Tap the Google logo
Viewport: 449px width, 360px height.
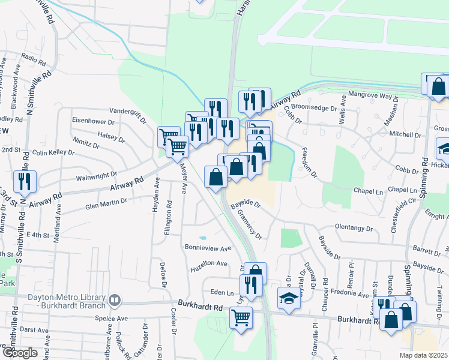[x=20, y=353]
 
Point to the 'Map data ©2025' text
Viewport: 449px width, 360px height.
[x=423, y=355]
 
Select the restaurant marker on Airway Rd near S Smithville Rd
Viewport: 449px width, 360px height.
[x=25, y=181]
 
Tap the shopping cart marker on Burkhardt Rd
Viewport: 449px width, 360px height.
[x=241, y=318]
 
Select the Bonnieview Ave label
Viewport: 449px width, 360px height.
[x=208, y=248]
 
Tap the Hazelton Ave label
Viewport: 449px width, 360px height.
[x=209, y=263]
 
